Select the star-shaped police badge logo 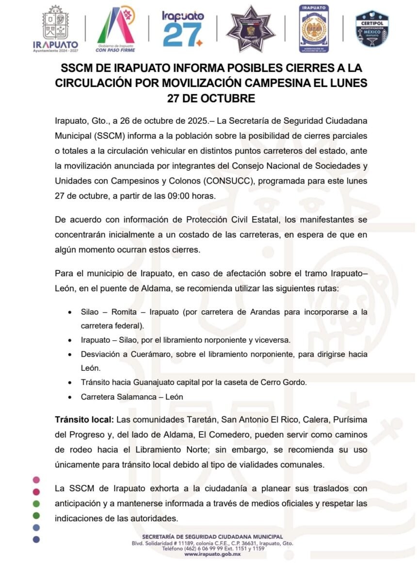click(251, 29)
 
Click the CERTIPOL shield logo click(372, 29)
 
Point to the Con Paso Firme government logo click(116, 29)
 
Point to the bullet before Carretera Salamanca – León click(70, 397)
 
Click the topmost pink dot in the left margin click(36, 480)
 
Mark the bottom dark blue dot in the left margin click(36, 539)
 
